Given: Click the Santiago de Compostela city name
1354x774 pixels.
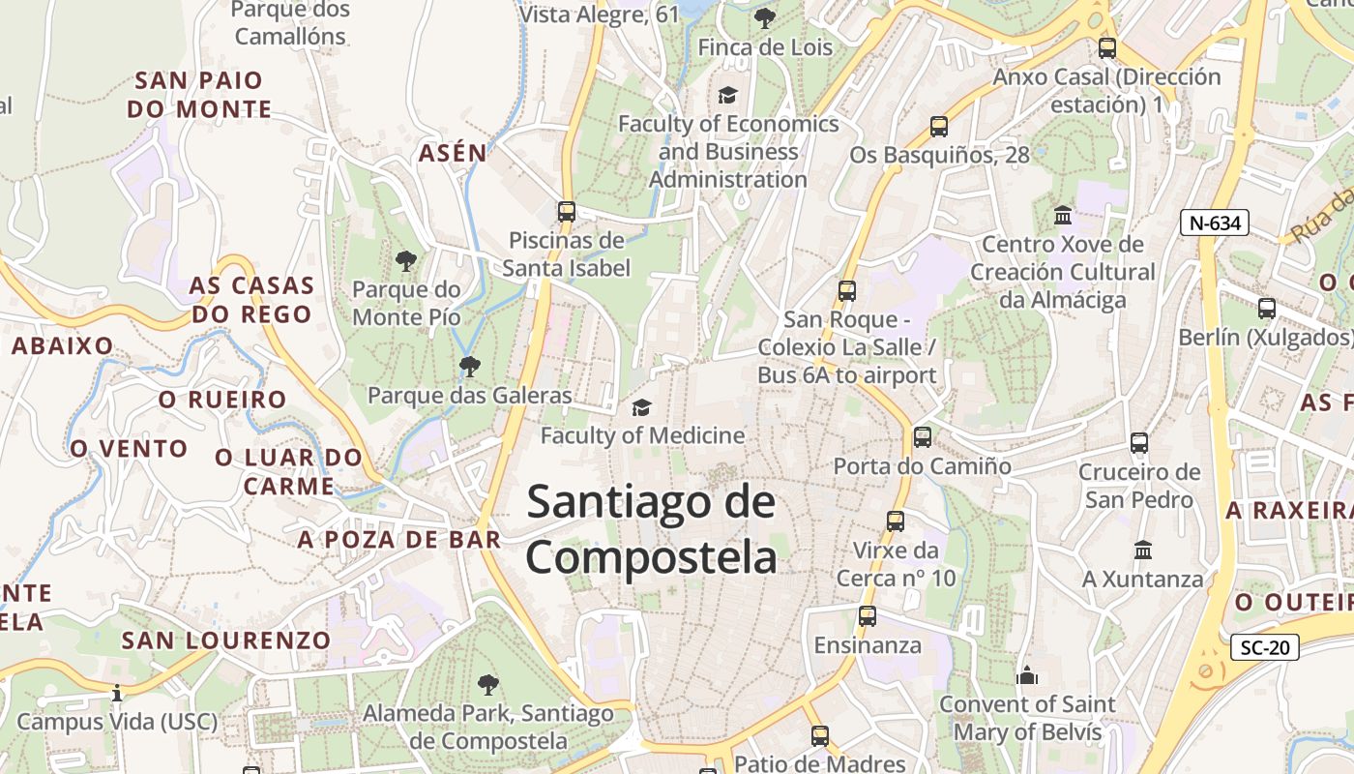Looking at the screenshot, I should (651, 530).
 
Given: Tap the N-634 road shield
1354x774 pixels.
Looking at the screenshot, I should (1215, 223).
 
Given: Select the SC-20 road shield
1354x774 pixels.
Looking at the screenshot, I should (1264, 647).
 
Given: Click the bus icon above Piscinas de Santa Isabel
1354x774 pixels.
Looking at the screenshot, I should (567, 211).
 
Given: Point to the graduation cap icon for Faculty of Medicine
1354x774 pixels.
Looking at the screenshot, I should (641, 407).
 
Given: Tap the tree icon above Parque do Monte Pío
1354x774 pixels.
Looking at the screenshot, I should (406, 260).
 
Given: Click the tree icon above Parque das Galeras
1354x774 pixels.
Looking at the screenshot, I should (470, 366).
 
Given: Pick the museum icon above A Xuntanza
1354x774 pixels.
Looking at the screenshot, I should (1143, 550).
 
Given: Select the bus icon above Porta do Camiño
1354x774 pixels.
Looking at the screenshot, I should (923, 437).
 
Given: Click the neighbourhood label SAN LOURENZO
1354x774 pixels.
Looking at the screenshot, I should (226, 640).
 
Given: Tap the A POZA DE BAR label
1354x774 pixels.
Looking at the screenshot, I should (399, 540).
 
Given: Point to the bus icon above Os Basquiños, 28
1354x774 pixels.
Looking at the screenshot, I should (939, 126).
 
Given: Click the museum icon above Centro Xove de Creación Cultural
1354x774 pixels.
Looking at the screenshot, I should (1063, 215).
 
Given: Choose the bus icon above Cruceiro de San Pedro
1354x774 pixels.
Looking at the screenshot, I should (1139, 443).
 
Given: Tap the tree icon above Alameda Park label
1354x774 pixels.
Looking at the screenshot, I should (487, 685).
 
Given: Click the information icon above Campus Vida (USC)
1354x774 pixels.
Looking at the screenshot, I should (117, 693).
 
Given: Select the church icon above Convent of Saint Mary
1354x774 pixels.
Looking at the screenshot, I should (1027, 674).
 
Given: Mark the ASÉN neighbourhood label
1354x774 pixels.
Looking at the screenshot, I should (453, 152).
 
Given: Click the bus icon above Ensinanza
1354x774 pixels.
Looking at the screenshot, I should (868, 615).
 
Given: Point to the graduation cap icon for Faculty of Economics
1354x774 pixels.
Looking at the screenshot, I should (727, 94).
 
